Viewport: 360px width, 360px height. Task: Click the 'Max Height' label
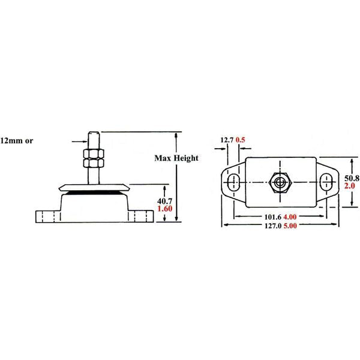tap(176, 158)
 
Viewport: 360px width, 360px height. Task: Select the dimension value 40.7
tap(164, 200)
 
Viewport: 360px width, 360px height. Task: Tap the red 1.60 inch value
tap(164, 209)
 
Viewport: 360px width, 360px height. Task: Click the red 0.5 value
tap(242, 140)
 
